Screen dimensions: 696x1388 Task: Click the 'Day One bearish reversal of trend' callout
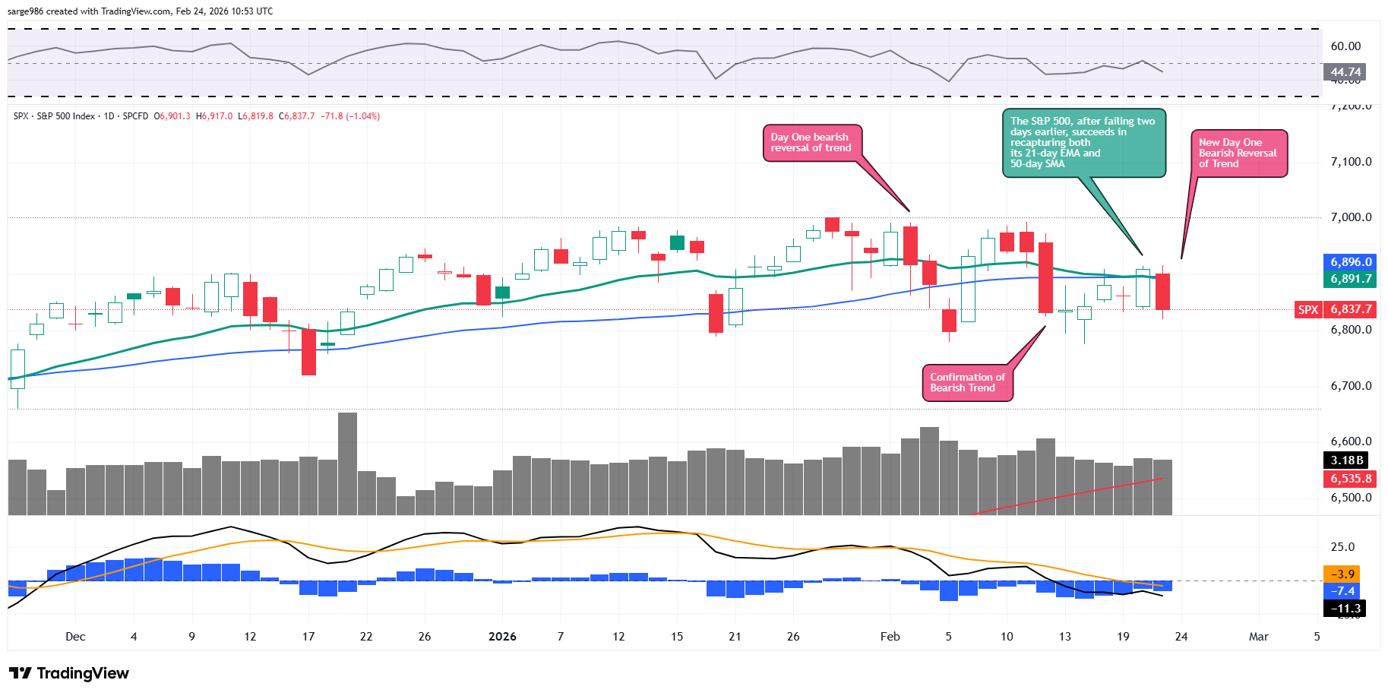(811, 143)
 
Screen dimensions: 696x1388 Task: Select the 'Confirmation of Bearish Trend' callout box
(967, 383)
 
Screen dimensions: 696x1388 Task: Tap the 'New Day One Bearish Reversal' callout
(1238, 153)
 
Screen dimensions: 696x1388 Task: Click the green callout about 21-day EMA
(1083, 143)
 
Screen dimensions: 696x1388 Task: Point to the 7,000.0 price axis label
(1351, 217)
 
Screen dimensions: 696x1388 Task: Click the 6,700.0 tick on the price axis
(1351, 386)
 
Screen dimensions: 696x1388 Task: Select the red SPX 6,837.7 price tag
(1335, 310)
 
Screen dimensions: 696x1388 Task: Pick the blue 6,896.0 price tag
(1351, 262)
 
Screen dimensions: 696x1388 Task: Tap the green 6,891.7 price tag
(1351, 279)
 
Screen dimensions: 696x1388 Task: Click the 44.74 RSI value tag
(1345, 72)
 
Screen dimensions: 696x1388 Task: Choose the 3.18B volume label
(1347, 460)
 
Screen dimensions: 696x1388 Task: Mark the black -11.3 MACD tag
(1345, 609)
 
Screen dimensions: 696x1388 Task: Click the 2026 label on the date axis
(502, 637)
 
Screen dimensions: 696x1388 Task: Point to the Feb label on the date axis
(890, 637)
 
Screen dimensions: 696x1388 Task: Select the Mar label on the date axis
(1259, 637)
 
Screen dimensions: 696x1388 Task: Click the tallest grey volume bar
(347, 463)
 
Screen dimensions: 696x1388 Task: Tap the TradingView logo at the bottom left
(69, 673)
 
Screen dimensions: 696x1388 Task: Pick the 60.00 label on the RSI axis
(1345, 46)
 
